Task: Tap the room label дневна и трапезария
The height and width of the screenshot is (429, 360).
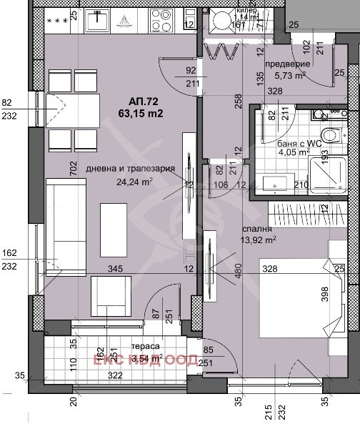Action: tap(130, 169)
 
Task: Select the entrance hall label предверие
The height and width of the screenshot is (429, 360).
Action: tap(286, 63)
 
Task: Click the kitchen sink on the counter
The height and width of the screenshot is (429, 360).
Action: tap(96, 21)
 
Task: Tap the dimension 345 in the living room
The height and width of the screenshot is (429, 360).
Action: tap(115, 269)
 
